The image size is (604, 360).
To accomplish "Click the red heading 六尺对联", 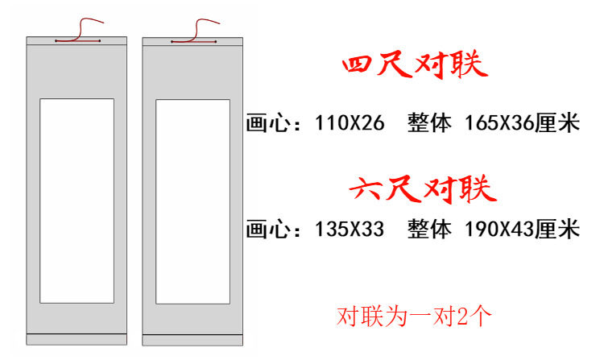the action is coord(423,190).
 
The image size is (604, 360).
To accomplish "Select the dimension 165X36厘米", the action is coord(522,125).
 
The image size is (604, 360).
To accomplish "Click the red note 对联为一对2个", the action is coord(412,315).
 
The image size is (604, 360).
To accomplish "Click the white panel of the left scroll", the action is coord(77,201).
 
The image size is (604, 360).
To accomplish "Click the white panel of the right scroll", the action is coord(192,201).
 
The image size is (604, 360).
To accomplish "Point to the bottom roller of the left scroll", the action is coord(77,339).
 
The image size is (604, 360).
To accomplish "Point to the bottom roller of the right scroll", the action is coord(192,339).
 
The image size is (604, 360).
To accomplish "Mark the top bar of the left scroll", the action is coord(77,41).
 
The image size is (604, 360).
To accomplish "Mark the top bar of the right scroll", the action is coord(192,41).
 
